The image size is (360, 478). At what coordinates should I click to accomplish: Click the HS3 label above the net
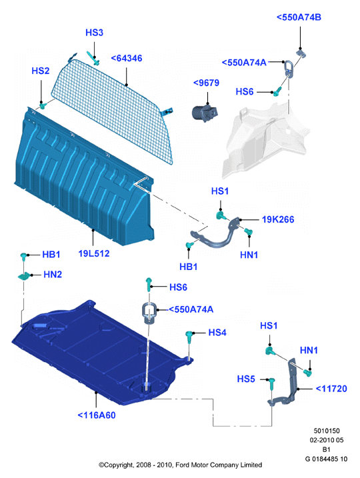pyautogui.click(x=94, y=33)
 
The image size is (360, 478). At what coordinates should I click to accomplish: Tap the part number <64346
pyautogui.click(x=127, y=58)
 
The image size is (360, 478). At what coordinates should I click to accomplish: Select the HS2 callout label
pyautogui.click(x=41, y=71)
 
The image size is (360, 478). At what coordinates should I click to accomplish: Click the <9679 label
pyautogui.click(x=207, y=83)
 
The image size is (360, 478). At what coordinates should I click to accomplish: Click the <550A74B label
pyautogui.click(x=299, y=17)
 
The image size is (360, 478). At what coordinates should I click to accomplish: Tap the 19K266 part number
pyautogui.click(x=278, y=219)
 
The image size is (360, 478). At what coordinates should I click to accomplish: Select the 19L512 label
pyautogui.click(x=94, y=253)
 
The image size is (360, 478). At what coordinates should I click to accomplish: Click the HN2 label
pyautogui.click(x=53, y=275)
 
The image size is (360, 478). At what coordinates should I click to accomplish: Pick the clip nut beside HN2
pyautogui.click(x=25, y=276)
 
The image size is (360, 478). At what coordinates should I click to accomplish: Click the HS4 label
pyautogui.click(x=217, y=333)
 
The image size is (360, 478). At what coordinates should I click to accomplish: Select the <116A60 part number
pyautogui.click(x=97, y=415)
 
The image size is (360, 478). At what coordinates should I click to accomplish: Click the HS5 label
pyautogui.click(x=246, y=379)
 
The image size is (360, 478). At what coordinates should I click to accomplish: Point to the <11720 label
pyautogui.click(x=331, y=389)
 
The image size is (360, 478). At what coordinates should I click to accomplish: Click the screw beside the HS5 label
pyautogui.click(x=271, y=383)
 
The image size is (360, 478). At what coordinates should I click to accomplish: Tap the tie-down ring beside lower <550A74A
pyautogui.click(x=149, y=313)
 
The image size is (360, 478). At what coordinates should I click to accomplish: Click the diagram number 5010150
pyautogui.click(x=327, y=431)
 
